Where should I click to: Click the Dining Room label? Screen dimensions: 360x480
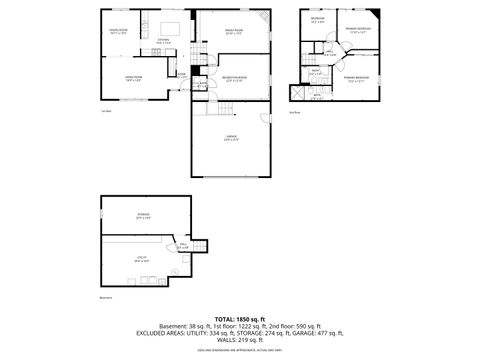click(x=120, y=32)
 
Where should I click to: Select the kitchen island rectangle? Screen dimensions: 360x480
click(x=169, y=26)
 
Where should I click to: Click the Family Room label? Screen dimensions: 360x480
click(x=233, y=32)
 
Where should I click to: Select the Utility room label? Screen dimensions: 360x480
click(x=141, y=259)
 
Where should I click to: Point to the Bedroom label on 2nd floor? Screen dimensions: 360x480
click(x=318, y=19)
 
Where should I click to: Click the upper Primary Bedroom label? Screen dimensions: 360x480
click(x=357, y=30)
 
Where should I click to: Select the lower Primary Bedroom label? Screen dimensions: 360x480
click(x=357, y=79)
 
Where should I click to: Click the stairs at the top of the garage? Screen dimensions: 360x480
click(x=227, y=106)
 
